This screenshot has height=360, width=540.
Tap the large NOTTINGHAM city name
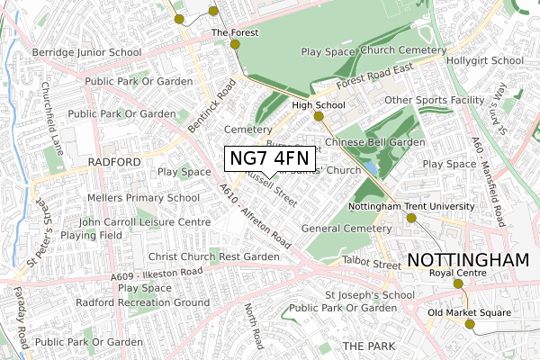coord(469,260)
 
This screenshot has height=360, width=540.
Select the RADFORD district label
coord(115,162)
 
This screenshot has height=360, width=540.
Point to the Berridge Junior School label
coord(88,53)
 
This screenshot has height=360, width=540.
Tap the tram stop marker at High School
coord(319,116)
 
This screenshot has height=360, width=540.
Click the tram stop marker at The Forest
coord(235,44)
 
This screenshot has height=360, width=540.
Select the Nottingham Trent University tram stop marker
coord(411,218)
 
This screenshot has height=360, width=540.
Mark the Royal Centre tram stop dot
coord(456,283)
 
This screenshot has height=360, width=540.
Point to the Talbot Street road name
coord(372,265)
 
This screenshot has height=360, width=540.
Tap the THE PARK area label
coord(362,346)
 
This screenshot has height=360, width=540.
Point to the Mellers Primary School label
coord(143,198)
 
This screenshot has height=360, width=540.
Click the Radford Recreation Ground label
coord(142,302)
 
